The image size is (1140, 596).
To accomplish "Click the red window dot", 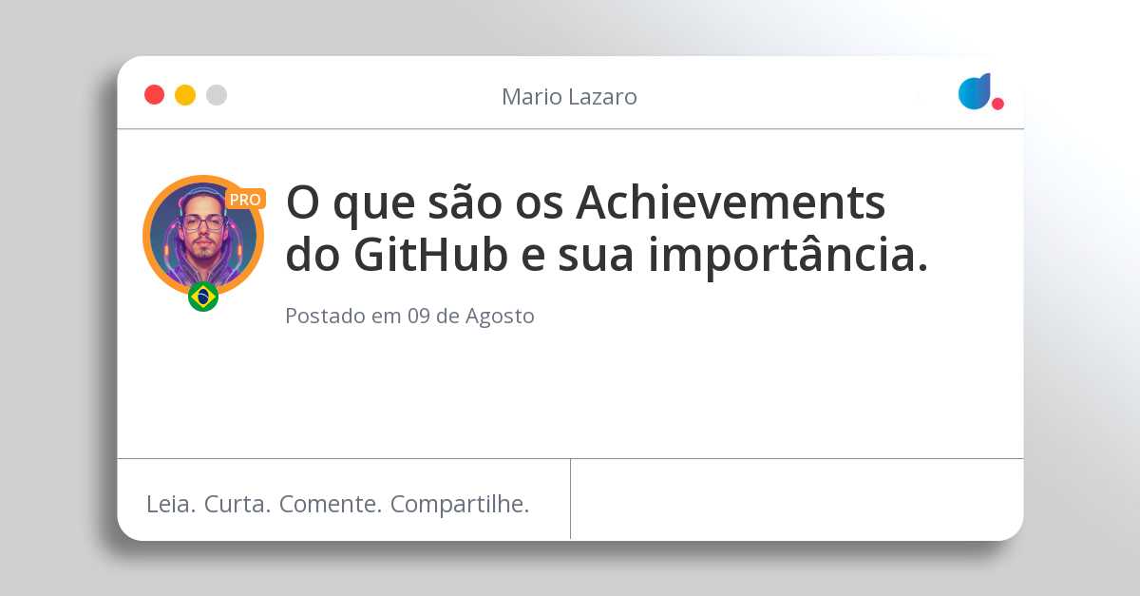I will (x=154, y=95).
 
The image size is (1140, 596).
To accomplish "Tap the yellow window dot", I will (x=185, y=95).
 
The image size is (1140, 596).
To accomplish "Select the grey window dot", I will (x=217, y=95).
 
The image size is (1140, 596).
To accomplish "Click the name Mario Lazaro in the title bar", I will (x=569, y=97).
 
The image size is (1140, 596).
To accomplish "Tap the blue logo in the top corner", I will (x=975, y=91).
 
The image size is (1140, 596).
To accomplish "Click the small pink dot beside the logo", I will (x=997, y=104).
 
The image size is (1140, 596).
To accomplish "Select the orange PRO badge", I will (x=245, y=200).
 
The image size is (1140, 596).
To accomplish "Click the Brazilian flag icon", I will (x=203, y=297).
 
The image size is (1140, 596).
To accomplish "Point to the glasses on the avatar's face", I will (x=203, y=223).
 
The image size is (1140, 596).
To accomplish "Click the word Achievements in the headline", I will (x=731, y=202).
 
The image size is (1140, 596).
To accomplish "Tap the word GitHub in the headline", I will (x=430, y=254).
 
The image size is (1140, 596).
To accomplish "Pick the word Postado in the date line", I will (x=325, y=316).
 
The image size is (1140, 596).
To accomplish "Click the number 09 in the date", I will (x=419, y=316).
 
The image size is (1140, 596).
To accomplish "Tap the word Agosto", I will (x=500, y=317).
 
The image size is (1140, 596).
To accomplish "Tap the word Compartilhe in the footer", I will (x=460, y=505).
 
